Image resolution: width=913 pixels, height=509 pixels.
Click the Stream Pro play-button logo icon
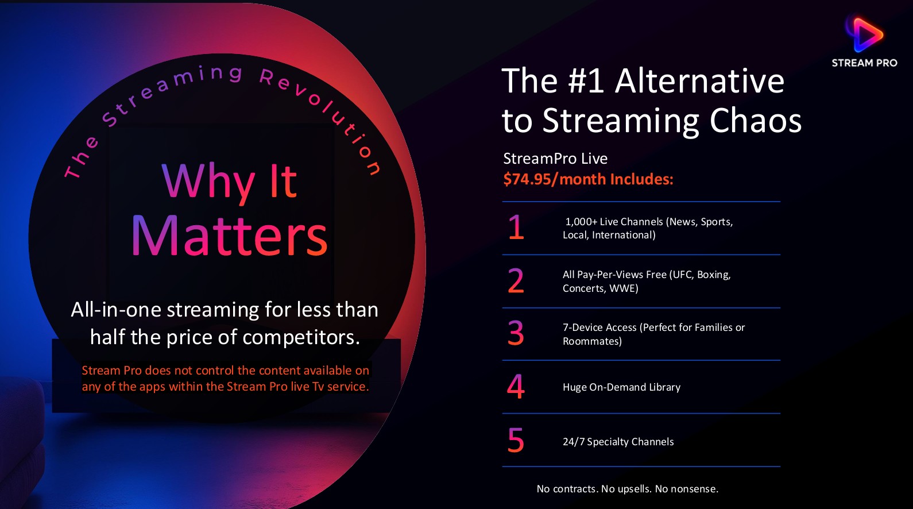(x=865, y=34)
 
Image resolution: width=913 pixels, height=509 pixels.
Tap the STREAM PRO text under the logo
(x=865, y=63)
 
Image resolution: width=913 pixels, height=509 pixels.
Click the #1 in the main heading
(x=586, y=81)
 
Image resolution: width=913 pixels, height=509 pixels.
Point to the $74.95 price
(x=527, y=179)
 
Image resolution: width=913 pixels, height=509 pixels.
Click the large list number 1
(x=516, y=227)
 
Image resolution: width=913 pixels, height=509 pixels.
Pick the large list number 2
(x=516, y=280)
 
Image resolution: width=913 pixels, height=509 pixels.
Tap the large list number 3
(x=516, y=333)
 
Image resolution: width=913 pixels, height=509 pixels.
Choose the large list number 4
(x=516, y=386)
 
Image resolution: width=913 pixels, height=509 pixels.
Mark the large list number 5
(x=516, y=440)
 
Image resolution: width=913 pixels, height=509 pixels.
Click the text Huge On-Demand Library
(x=621, y=387)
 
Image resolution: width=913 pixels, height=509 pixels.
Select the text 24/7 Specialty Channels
(x=618, y=442)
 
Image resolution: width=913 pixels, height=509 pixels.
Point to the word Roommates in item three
(x=592, y=341)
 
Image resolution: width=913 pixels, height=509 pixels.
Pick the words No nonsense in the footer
(x=687, y=489)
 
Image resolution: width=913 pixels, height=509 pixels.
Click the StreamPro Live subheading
(x=555, y=158)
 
